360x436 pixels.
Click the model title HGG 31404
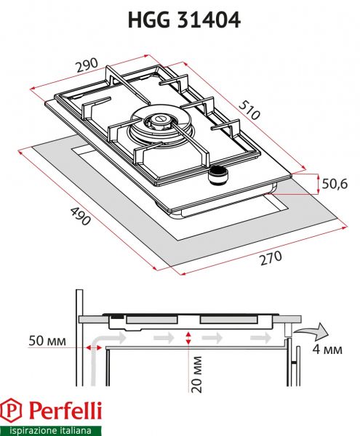(180, 20)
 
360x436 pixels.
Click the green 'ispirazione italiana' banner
(52, 429)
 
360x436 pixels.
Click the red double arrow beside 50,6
(319, 184)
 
